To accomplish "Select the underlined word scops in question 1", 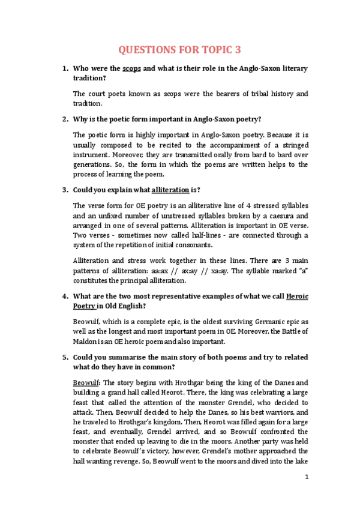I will pos(131,68).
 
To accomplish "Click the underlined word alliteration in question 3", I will pos(170,190).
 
